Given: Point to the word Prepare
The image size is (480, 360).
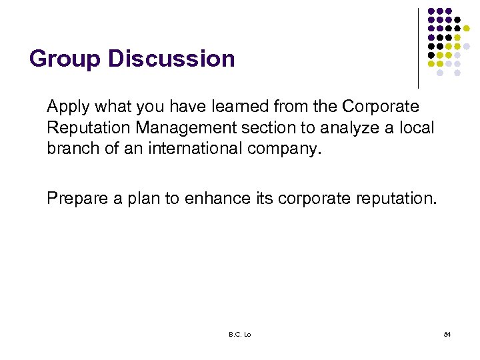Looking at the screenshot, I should pos(74,198).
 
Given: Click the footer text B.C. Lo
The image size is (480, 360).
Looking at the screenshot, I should pos(239,333).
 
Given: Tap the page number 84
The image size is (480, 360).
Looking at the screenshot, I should pos(447,333).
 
